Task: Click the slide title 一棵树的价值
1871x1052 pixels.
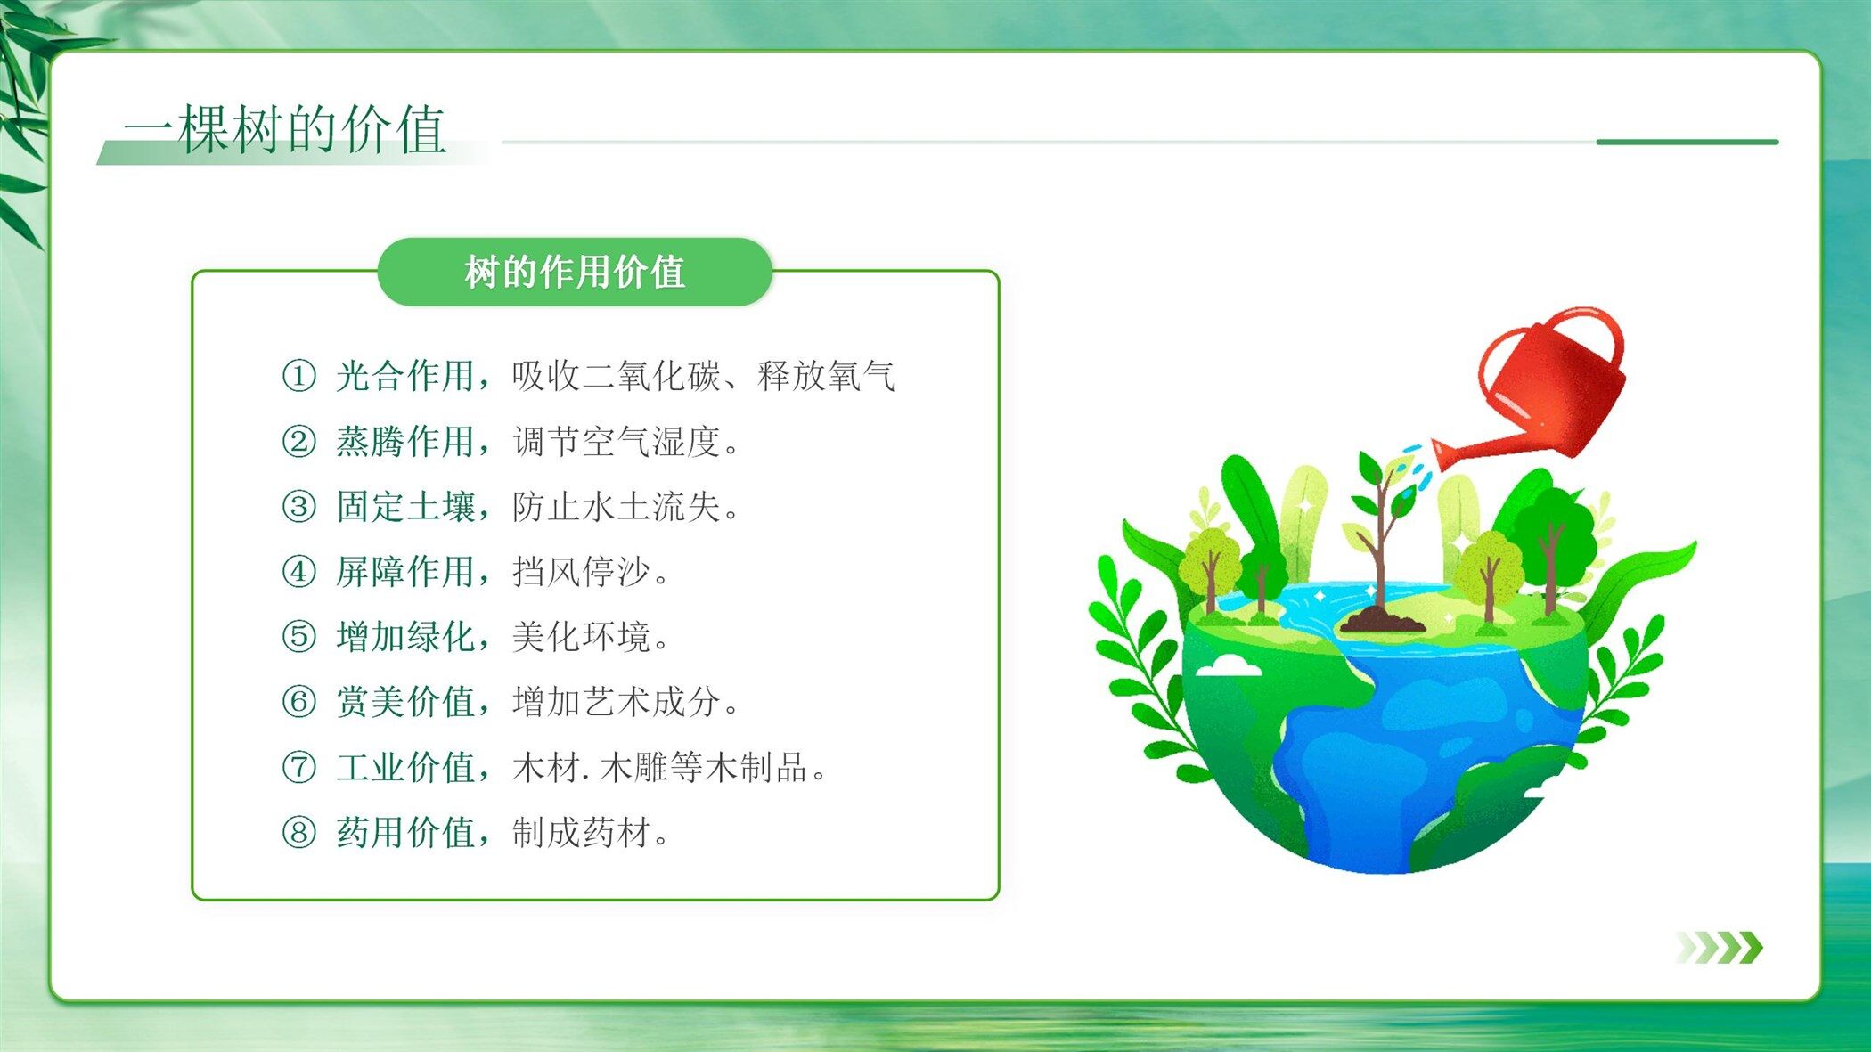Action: (x=284, y=129)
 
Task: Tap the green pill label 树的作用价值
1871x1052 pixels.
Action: (x=575, y=272)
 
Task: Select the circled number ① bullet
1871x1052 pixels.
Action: (x=298, y=376)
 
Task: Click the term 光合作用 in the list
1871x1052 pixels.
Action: (x=405, y=376)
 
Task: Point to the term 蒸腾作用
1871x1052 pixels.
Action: (x=405, y=441)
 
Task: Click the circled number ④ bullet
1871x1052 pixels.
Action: (x=298, y=571)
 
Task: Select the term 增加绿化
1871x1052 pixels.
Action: (x=405, y=637)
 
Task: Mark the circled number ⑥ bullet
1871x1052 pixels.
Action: (x=298, y=701)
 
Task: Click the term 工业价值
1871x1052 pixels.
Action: (x=405, y=767)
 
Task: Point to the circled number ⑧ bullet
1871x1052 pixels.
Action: (x=298, y=832)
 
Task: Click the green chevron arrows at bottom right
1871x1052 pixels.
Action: (x=1719, y=948)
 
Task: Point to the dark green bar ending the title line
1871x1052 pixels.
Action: (x=1687, y=142)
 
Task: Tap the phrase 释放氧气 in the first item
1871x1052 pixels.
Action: (x=827, y=376)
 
